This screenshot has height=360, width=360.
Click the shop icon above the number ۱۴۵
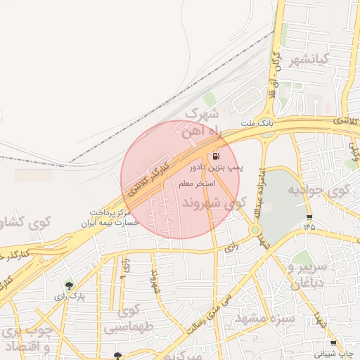[x=309, y=217]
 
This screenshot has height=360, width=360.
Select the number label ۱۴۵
[x=309, y=227]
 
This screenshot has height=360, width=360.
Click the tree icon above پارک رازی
[x=69, y=285]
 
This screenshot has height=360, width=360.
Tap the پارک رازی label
[x=72, y=296]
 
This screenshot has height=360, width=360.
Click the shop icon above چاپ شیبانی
[x=332, y=344]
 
